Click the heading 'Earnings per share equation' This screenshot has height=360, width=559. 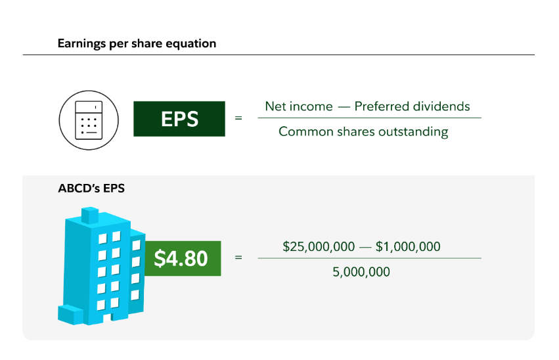tap(137, 44)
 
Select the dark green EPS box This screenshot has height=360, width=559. tap(179, 119)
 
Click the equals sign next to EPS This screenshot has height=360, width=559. tap(238, 119)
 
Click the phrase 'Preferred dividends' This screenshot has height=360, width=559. tap(413, 106)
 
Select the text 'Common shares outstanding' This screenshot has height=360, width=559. tap(363, 131)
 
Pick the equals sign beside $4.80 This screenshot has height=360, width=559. tap(238, 258)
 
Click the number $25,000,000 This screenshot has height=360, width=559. tap(318, 246)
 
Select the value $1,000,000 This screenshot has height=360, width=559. tap(408, 246)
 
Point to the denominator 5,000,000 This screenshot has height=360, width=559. tap(361, 271)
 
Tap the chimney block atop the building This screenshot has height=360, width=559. tap(90, 215)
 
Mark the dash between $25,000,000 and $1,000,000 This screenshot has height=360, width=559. tap(364, 247)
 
